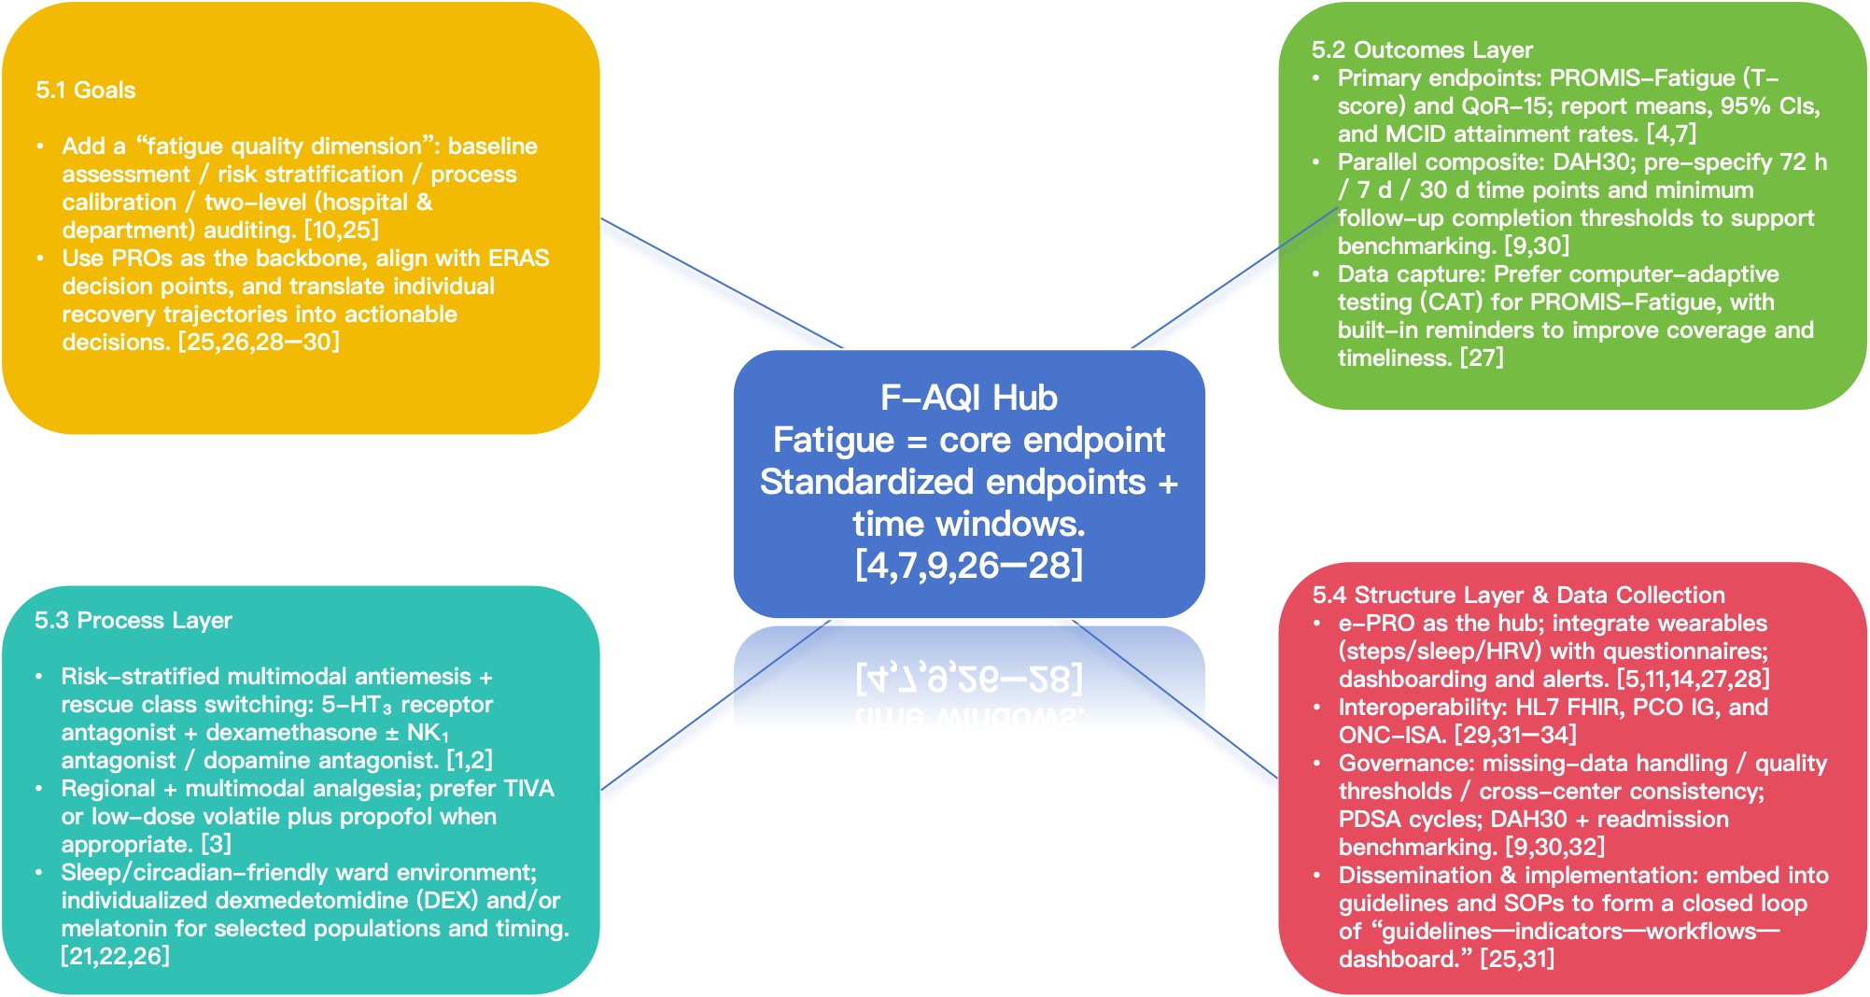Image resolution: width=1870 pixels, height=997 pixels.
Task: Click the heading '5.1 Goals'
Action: point(86,91)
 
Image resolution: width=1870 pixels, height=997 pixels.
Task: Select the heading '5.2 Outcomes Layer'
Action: point(1422,50)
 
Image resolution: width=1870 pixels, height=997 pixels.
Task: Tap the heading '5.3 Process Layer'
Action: point(134,621)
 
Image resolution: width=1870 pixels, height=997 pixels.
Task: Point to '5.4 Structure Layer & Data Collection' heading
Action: point(1518,596)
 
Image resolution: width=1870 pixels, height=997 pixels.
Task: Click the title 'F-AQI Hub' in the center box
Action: point(968,399)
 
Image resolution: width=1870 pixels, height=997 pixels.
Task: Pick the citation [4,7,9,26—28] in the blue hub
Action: point(968,566)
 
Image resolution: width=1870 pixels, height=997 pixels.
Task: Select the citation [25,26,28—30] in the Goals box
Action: point(259,343)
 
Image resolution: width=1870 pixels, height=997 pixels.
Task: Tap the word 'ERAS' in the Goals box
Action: point(518,259)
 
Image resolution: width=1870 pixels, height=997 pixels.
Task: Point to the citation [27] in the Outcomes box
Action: point(1482,358)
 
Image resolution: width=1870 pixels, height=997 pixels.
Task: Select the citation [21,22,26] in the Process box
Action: point(116,957)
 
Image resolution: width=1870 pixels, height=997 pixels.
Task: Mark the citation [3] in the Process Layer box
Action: point(216,845)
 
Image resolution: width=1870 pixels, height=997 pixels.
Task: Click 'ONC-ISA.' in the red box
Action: point(1392,736)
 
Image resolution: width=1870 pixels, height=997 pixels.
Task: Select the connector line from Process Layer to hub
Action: point(715,705)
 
